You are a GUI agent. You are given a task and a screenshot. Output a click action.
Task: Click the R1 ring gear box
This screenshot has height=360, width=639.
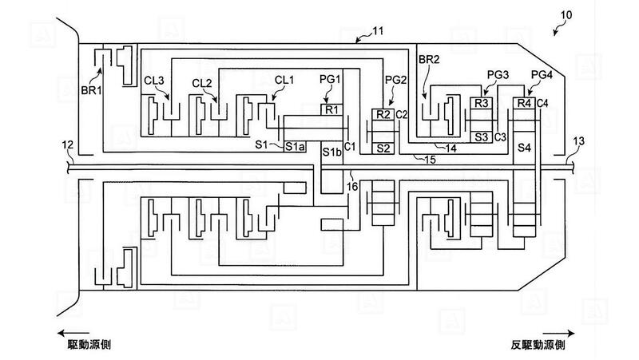point(331,109)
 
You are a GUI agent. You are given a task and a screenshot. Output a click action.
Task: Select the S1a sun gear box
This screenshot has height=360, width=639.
point(295,147)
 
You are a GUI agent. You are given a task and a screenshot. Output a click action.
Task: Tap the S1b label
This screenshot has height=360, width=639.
point(331,152)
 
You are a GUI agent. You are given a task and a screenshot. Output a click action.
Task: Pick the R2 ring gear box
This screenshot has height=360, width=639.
point(383,115)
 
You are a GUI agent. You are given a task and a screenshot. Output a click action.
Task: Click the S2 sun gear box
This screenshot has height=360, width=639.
point(383,148)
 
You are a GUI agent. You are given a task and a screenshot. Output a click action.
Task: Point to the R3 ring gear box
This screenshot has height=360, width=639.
point(482,104)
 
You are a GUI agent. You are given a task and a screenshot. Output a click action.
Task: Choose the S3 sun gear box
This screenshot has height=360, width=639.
point(482,137)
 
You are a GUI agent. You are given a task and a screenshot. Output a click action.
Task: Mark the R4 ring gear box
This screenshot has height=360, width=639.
point(524,104)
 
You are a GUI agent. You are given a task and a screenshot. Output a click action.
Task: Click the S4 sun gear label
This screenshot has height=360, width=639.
point(524,148)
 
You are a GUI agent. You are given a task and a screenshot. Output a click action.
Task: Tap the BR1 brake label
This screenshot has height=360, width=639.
point(91,90)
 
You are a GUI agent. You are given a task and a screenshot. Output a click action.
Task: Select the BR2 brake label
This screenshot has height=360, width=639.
point(430,59)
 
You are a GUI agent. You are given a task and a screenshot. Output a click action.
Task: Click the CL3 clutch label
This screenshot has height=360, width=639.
point(154,81)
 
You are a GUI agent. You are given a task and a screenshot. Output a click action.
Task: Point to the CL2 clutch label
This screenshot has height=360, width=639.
point(202,84)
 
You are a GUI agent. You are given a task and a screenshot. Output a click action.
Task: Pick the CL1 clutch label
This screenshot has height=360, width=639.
point(284,80)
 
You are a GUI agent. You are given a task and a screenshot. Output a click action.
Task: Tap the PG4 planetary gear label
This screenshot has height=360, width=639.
point(542,75)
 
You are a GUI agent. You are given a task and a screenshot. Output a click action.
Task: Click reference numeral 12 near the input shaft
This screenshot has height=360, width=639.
point(67,144)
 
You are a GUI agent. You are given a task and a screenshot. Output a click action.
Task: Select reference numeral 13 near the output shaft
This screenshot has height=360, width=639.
point(578,141)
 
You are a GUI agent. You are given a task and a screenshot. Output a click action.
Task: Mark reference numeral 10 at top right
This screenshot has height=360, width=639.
point(566,15)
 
